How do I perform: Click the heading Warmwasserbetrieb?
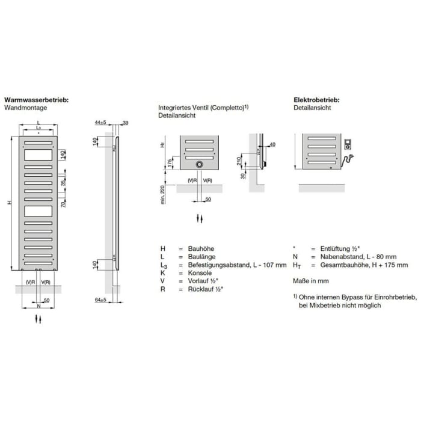tap(36, 100)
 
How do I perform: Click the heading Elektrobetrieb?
tap(316, 100)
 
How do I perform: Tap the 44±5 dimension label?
tap(100, 123)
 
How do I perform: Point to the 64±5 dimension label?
tap(100, 299)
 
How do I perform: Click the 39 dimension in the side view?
tap(125, 123)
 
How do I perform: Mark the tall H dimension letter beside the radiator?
tap(10, 202)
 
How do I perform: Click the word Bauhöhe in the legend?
tap(201, 248)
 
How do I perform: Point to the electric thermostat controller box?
tap(348, 145)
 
